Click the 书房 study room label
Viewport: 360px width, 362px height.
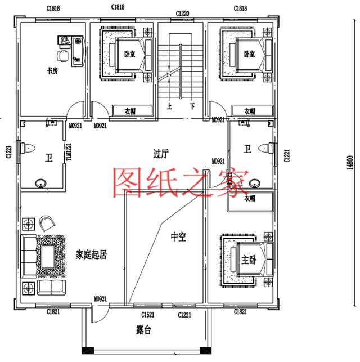tap(52, 71)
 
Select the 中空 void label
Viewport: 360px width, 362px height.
tap(178, 238)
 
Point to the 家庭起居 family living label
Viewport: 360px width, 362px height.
tap(92, 254)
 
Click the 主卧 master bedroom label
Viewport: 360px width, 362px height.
tap(248, 260)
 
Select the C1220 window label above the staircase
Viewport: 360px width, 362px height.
tap(182, 12)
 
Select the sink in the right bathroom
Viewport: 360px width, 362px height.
tap(255, 182)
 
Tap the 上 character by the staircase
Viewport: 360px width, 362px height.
tap(169, 105)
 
